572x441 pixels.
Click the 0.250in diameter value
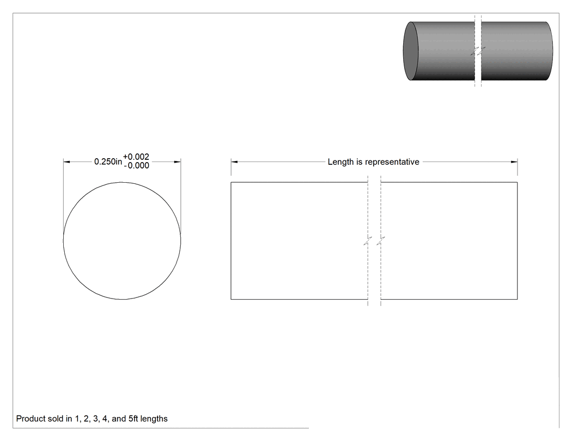coord(108,162)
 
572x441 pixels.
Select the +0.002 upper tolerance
coord(136,157)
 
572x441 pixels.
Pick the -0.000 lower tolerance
coord(136,166)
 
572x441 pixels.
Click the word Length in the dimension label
coord(340,162)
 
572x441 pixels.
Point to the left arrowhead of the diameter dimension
coord(67,162)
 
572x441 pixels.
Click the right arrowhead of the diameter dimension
coord(177,162)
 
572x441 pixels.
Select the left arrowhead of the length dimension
coord(234,162)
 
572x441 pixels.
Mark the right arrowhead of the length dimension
coord(514,162)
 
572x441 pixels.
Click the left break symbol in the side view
coord(368,241)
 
